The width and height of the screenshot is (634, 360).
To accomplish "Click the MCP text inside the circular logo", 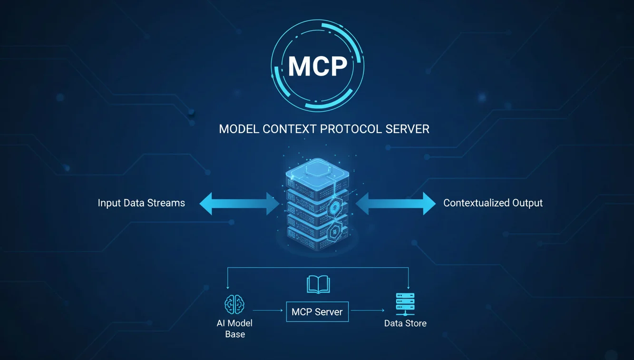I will [317, 66].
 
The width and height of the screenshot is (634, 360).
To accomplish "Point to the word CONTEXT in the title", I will [291, 129].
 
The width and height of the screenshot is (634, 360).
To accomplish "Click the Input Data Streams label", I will [141, 203].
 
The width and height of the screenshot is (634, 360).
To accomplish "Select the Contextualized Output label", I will [493, 203].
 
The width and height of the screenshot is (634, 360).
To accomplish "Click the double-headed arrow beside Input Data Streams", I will [239, 204].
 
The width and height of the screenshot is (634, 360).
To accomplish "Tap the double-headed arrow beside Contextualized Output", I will [395, 204].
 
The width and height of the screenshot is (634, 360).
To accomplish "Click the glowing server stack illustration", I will [317, 204].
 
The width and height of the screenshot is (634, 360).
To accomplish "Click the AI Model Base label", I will [234, 329].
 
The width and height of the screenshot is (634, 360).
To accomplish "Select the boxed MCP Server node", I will [317, 312].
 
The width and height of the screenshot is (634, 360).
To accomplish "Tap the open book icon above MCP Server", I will [318, 285].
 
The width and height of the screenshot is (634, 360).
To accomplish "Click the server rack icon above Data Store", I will [405, 304].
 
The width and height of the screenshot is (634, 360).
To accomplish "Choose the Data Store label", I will [405, 323].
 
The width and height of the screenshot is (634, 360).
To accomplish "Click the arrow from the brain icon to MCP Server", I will [268, 311].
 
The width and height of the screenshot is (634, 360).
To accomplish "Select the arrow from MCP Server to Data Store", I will [367, 311].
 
